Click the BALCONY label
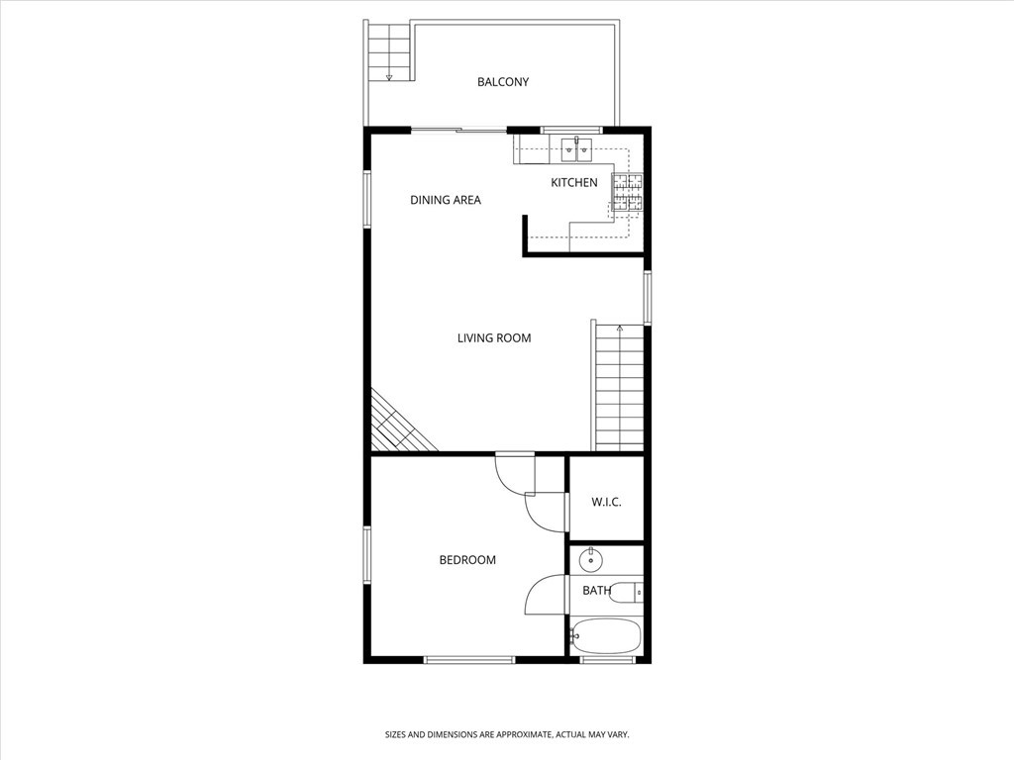coord(503,82)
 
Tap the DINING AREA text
coord(446,200)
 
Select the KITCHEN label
coord(574,183)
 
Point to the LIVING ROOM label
coord(494,338)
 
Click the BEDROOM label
coord(467,560)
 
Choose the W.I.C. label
coord(607,502)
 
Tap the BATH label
coord(596,591)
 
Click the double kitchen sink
coord(576,149)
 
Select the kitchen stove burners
coord(628,193)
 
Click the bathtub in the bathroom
coord(606,636)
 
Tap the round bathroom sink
coord(590,560)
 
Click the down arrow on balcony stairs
coord(388,77)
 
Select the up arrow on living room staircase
coord(620,329)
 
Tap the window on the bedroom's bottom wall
coord(469,660)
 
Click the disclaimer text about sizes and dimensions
coord(507,735)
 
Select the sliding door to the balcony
coord(459,132)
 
